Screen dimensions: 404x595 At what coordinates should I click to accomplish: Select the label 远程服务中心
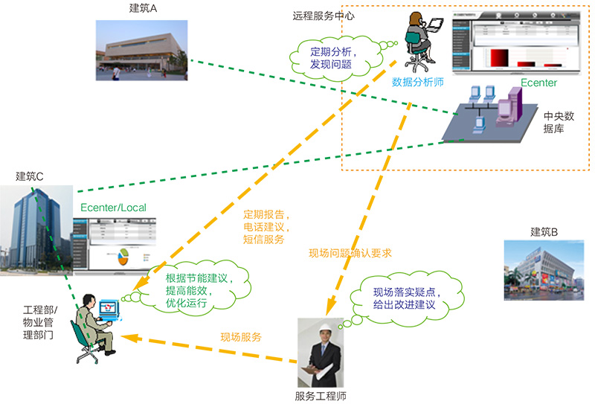pos(322,15)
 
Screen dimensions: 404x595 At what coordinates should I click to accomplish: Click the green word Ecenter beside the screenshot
pos(538,83)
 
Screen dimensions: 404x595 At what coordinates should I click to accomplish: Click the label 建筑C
pos(30,176)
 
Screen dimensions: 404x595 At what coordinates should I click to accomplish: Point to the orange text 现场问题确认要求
pos(350,253)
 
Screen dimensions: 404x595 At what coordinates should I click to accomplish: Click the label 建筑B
pos(544,231)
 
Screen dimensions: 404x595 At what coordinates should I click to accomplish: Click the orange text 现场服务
pos(241,337)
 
